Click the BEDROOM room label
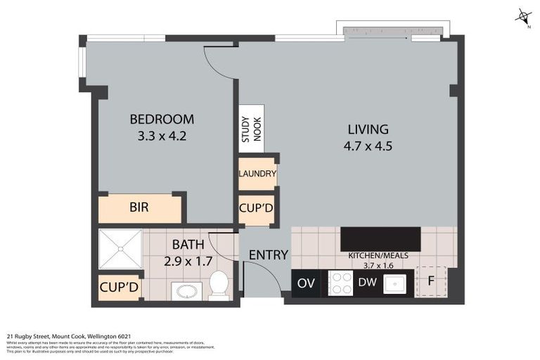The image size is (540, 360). (162, 120)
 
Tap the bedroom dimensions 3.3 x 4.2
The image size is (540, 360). (162, 136)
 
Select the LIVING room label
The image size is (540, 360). (368, 129)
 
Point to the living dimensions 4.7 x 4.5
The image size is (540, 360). (368, 146)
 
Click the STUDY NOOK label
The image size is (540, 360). (251, 129)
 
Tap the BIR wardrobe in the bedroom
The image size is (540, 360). (139, 208)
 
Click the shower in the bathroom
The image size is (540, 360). (120, 249)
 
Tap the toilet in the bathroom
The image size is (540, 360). (219, 285)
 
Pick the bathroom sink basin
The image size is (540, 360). (187, 291)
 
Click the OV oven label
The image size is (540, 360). (305, 283)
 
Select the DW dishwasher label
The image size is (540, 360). (367, 283)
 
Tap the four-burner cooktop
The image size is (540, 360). (340, 283)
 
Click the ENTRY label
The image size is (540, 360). (269, 255)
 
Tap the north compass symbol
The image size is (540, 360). (523, 16)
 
